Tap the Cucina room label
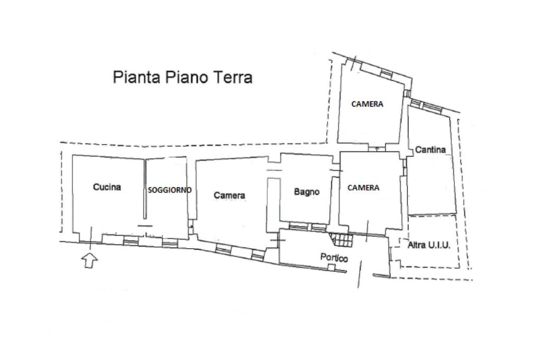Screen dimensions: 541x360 [x=107, y=187]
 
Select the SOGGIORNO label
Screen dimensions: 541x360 [x=169, y=190]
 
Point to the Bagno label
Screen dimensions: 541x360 [x=306, y=192]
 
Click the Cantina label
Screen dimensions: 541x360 [x=430, y=149]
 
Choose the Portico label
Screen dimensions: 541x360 [x=334, y=258]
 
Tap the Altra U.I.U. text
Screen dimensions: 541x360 [x=428, y=245]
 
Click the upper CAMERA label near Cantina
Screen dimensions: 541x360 [x=367, y=104]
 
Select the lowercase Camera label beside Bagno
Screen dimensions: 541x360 [x=229, y=195]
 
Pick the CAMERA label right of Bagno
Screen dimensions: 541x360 [x=363, y=187]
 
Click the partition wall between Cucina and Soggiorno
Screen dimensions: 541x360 [x=145, y=190]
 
